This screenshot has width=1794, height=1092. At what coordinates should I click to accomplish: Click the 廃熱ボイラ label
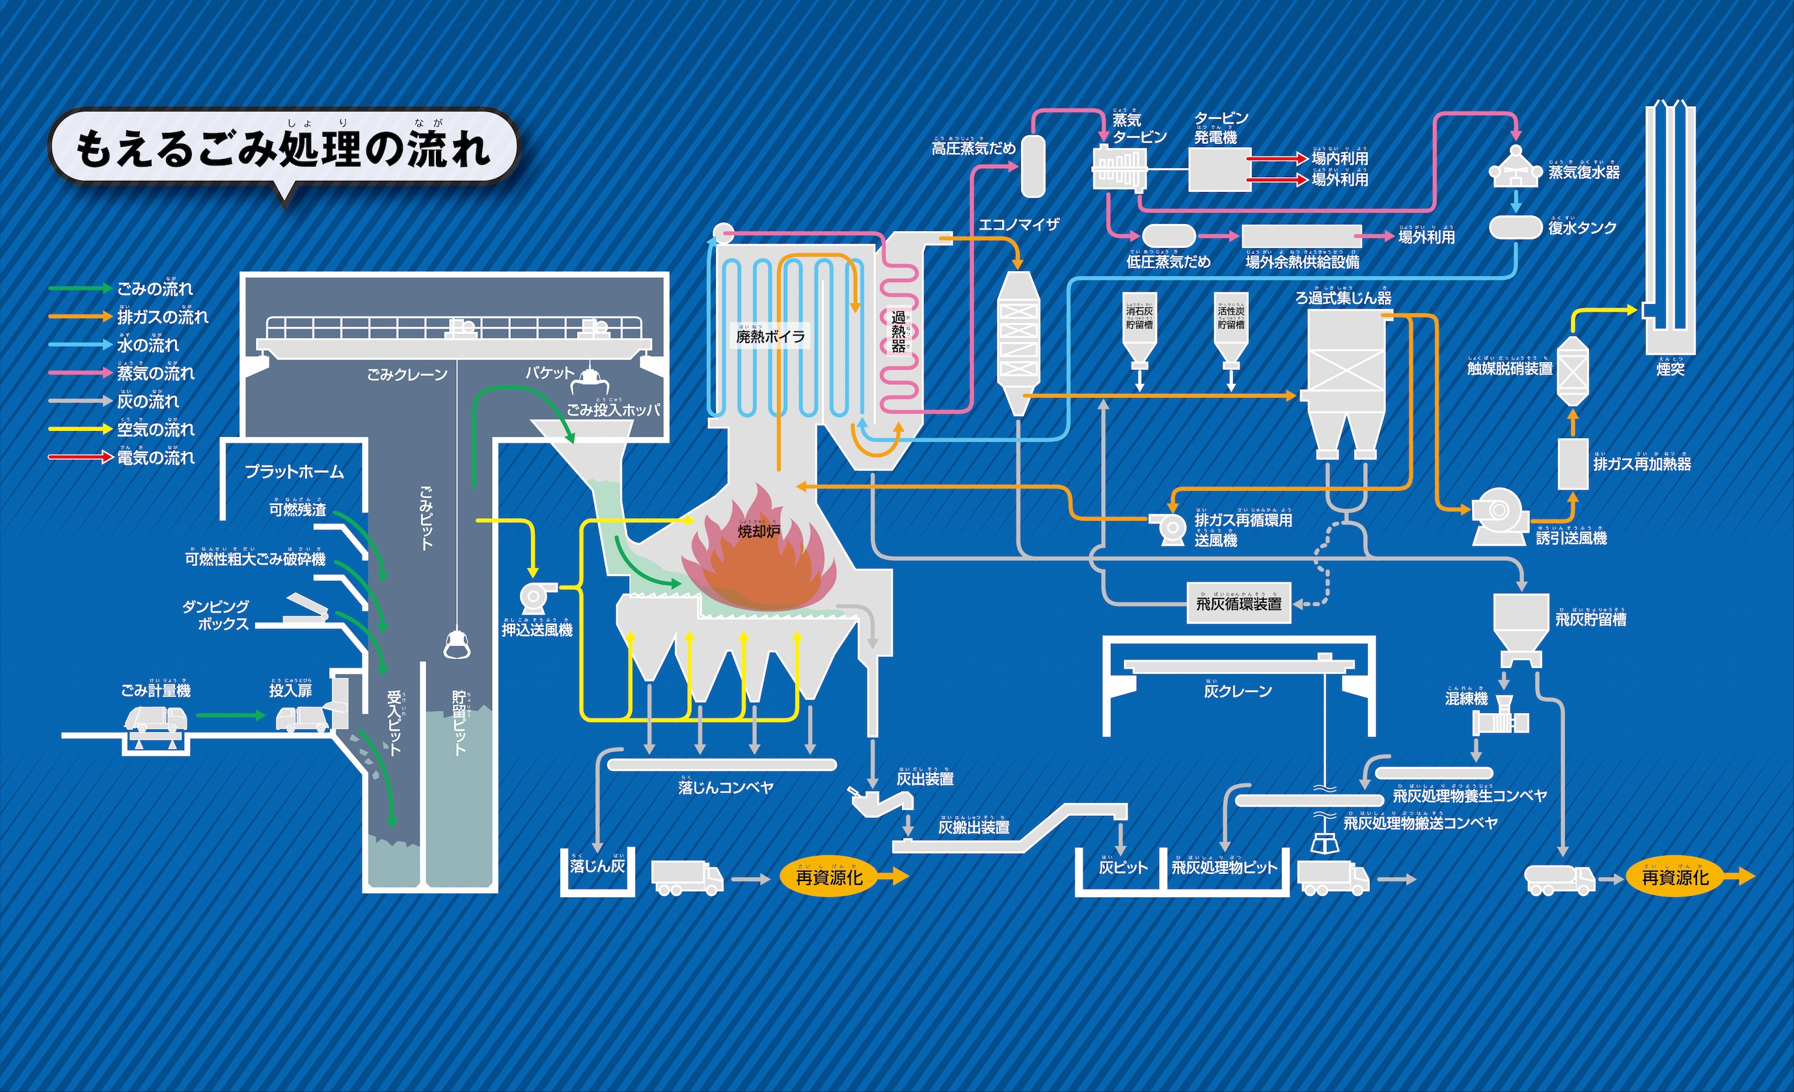[x=770, y=337]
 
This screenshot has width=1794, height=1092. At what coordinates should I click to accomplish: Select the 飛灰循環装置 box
[x=1238, y=603]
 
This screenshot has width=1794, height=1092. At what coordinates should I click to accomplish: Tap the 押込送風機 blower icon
[x=535, y=596]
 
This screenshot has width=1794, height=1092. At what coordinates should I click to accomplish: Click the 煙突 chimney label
[x=1670, y=369]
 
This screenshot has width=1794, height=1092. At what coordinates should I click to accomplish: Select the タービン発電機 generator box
[x=1219, y=170]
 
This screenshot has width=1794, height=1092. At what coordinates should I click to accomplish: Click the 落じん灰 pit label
[x=597, y=866]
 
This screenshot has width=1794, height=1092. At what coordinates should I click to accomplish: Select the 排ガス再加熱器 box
[x=1572, y=464]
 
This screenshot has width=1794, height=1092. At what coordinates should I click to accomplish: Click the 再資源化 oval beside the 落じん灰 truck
[x=829, y=877]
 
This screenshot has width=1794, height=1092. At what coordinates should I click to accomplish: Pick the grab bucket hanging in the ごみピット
[x=457, y=643]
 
